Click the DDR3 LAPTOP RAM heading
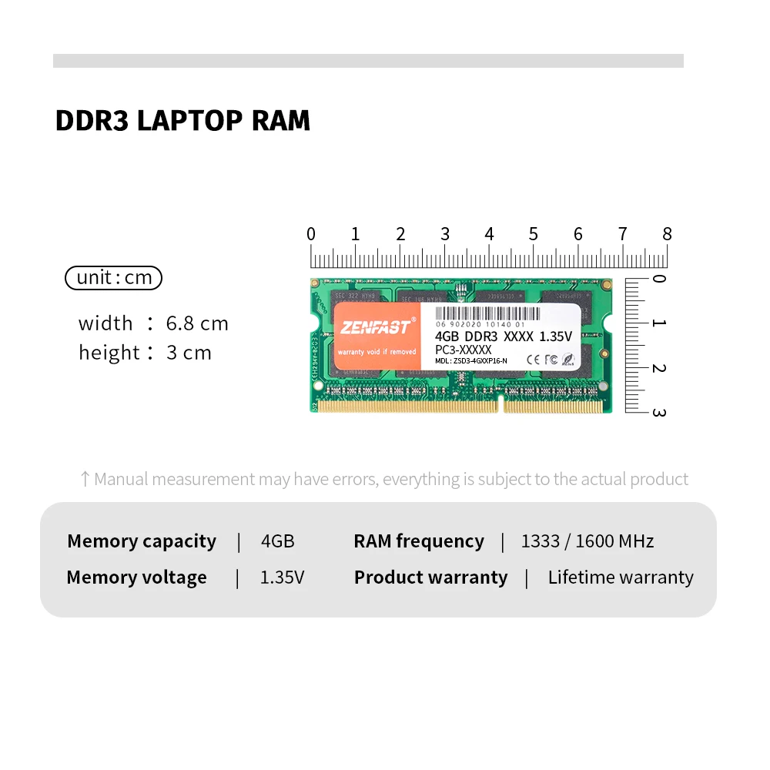click(x=182, y=121)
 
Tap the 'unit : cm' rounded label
click(x=114, y=277)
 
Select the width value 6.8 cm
click(x=197, y=323)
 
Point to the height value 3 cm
click(x=189, y=353)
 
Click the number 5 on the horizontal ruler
click(x=533, y=234)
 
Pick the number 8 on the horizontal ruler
click(x=667, y=234)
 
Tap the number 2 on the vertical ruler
click(x=658, y=368)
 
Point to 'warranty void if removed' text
click(x=377, y=352)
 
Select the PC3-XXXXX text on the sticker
click(x=463, y=350)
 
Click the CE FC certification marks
click(x=541, y=358)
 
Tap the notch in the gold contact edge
click(x=500, y=402)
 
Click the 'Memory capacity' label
click(x=142, y=541)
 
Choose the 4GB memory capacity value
click(x=278, y=541)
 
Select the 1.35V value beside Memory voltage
click(x=282, y=577)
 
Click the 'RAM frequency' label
click(x=419, y=541)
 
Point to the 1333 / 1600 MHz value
click(x=588, y=541)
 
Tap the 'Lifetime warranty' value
click(x=621, y=577)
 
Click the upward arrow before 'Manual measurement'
click(x=85, y=480)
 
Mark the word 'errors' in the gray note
click(x=354, y=480)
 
